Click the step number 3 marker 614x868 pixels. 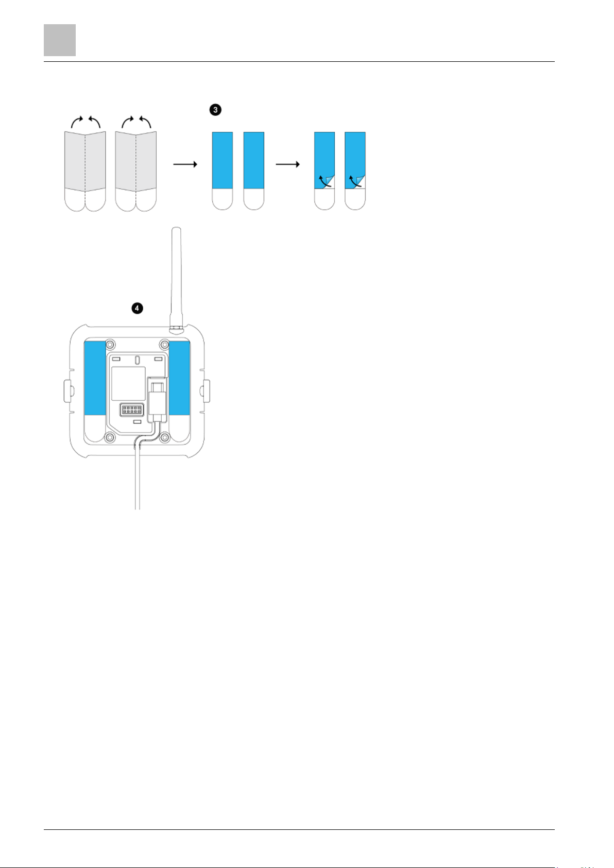point(215,110)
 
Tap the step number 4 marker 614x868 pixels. point(137,308)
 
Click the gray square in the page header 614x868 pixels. point(60,40)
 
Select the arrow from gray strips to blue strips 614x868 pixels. point(185,164)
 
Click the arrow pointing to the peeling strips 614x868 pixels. point(288,164)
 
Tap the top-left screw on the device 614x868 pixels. point(110,344)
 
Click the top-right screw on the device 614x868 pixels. point(164,344)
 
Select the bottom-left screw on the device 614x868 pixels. point(110,438)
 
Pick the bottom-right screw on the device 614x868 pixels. point(164,438)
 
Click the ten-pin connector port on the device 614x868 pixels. point(132,410)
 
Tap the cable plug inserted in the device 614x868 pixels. point(157,399)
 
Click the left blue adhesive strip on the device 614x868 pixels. point(95,378)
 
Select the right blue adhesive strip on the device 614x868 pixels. point(179,378)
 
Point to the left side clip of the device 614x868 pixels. point(66,391)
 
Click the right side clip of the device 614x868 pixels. point(207,391)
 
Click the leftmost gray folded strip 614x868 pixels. point(85,171)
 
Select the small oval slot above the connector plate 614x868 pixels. point(137,361)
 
